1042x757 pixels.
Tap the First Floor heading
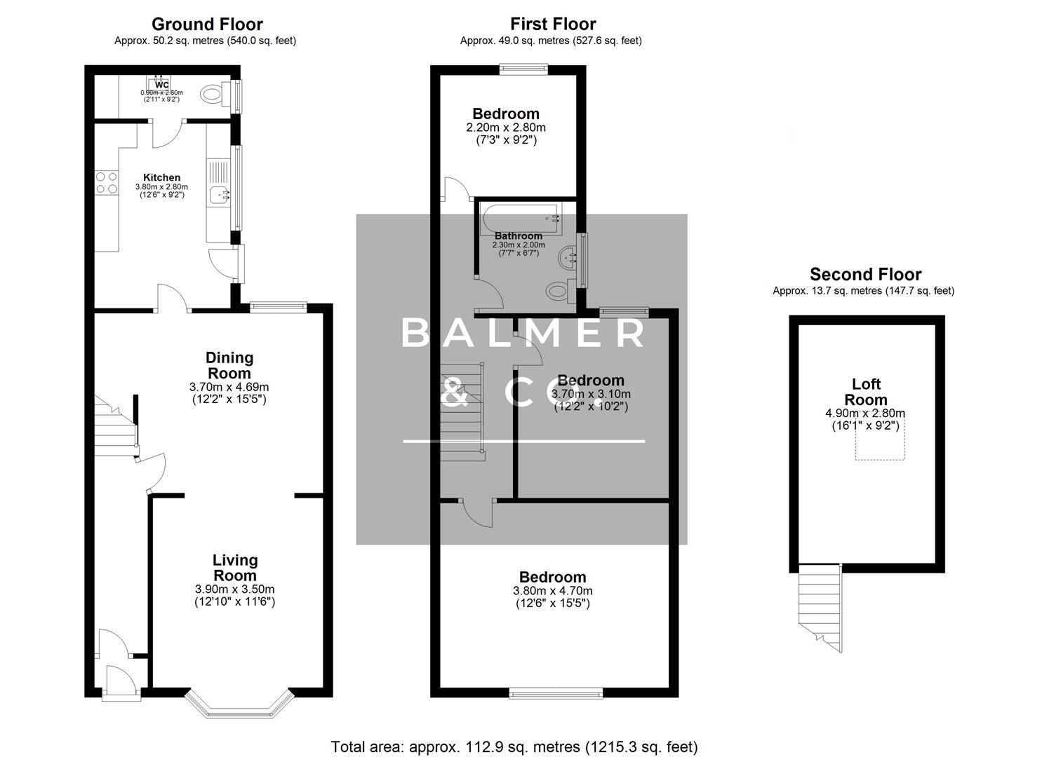click(x=553, y=24)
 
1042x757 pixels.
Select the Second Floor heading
click(x=865, y=274)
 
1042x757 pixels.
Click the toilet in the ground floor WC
click(x=212, y=93)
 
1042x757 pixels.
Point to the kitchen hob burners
click(x=107, y=183)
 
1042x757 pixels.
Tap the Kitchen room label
click(x=161, y=177)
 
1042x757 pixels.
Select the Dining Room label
click(x=229, y=365)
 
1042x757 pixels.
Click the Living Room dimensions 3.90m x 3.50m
click(x=234, y=589)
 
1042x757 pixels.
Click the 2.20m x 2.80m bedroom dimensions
click(x=505, y=128)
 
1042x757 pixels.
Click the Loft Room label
click(x=866, y=392)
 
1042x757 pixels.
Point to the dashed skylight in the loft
click(x=879, y=444)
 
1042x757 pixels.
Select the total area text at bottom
click(x=514, y=746)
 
